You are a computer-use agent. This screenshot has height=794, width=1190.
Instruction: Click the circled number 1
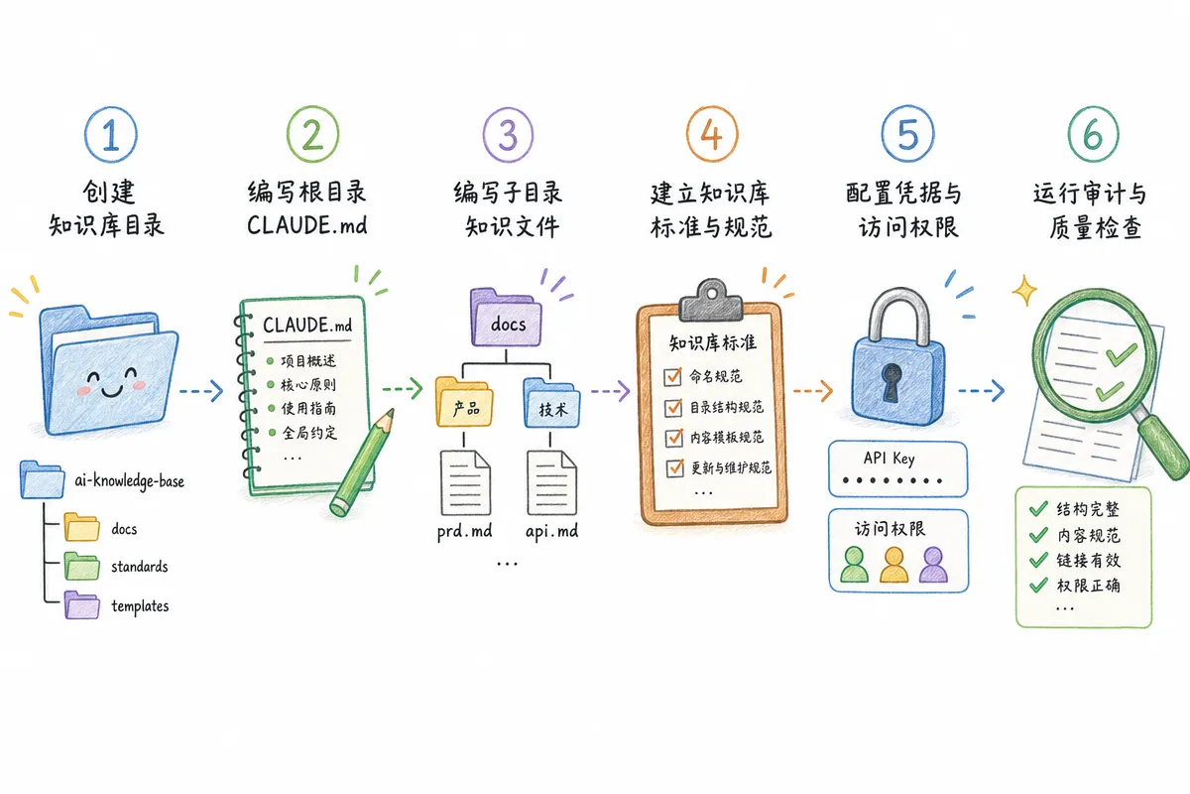click(110, 135)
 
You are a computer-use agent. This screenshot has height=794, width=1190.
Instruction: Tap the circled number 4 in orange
click(712, 135)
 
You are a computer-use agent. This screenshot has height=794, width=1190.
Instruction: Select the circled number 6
click(1093, 135)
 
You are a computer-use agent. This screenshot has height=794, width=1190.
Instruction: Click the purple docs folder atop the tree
click(507, 318)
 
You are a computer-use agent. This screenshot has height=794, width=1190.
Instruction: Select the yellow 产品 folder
click(464, 402)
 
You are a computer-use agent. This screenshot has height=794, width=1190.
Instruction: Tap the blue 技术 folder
click(551, 403)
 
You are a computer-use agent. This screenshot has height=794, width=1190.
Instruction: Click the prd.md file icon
click(465, 482)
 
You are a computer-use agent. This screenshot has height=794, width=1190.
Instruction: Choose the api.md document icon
click(551, 482)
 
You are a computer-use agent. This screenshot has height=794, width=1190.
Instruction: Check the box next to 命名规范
click(672, 376)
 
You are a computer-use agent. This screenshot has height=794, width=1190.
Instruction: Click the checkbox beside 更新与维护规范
click(674, 468)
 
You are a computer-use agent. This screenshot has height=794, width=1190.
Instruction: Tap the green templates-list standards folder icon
click(81, 567)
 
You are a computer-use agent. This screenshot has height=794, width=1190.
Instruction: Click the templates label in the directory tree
click(140, 606)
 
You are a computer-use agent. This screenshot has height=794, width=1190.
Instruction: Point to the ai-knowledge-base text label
click(129, 480)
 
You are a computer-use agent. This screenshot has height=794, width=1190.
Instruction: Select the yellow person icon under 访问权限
click(894, 565)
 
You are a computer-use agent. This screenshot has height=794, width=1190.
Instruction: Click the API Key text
click(889, 459)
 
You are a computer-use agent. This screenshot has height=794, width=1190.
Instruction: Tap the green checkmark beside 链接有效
click(1038, 560)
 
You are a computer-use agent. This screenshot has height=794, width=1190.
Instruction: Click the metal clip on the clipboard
click(711, 301)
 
